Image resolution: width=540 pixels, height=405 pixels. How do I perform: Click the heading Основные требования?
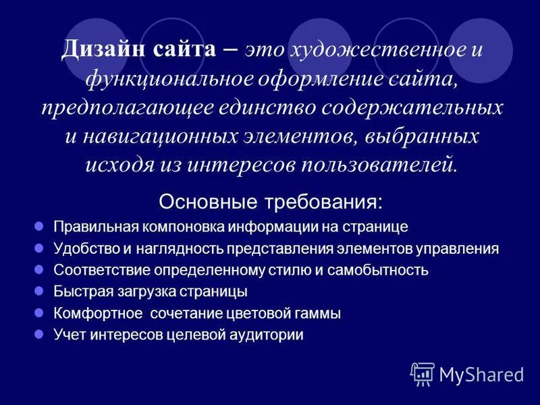(270, 202)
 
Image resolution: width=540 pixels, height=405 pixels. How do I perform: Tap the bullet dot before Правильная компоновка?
(38, 227)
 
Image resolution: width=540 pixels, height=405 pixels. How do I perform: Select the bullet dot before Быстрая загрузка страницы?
(38, 292)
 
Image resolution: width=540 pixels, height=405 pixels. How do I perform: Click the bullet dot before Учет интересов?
(38, 334)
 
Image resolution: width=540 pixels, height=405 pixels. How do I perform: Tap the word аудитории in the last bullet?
(270, 335)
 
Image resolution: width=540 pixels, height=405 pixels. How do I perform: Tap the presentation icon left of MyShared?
(422, 374)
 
